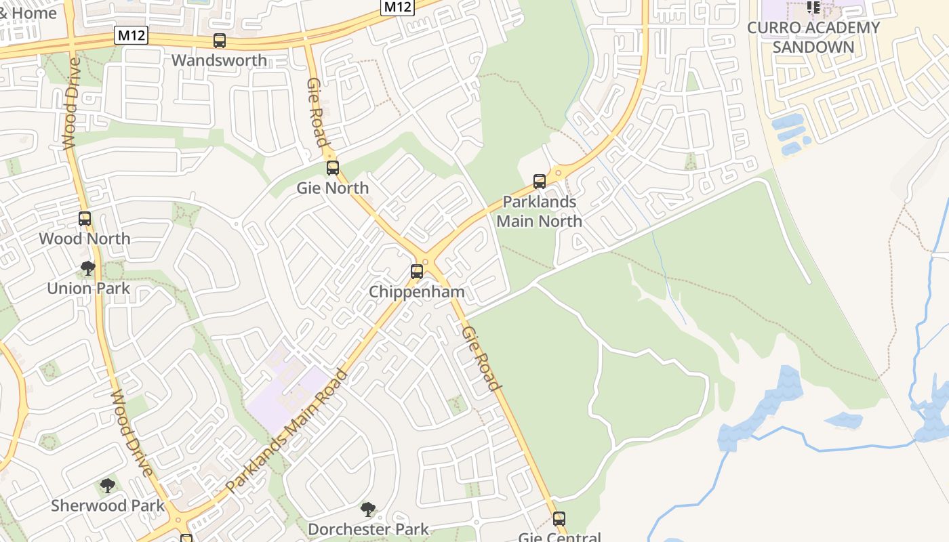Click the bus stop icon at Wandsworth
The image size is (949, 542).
(220, 41)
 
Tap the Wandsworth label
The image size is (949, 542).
(219, 60)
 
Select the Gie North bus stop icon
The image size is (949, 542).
(333, 168)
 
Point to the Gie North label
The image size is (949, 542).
(333, 188)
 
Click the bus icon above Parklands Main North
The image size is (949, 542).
(540, 182)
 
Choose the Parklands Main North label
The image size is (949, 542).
(540, 211)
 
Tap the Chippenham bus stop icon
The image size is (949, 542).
(417, 272)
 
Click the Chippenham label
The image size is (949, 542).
(417, 292)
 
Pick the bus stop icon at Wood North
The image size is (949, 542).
(85, 219)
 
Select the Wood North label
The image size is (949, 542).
(85, 238)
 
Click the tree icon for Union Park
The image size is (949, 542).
(87, 268)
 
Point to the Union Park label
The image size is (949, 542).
(88, 288)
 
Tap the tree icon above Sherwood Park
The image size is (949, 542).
(107, 486)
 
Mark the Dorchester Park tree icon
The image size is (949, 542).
(368, 509)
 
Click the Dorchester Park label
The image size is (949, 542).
(368, 529)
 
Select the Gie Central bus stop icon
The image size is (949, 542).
(559, 519)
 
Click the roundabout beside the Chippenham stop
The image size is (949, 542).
(426, 261)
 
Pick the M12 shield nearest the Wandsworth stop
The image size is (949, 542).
(131, 35)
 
